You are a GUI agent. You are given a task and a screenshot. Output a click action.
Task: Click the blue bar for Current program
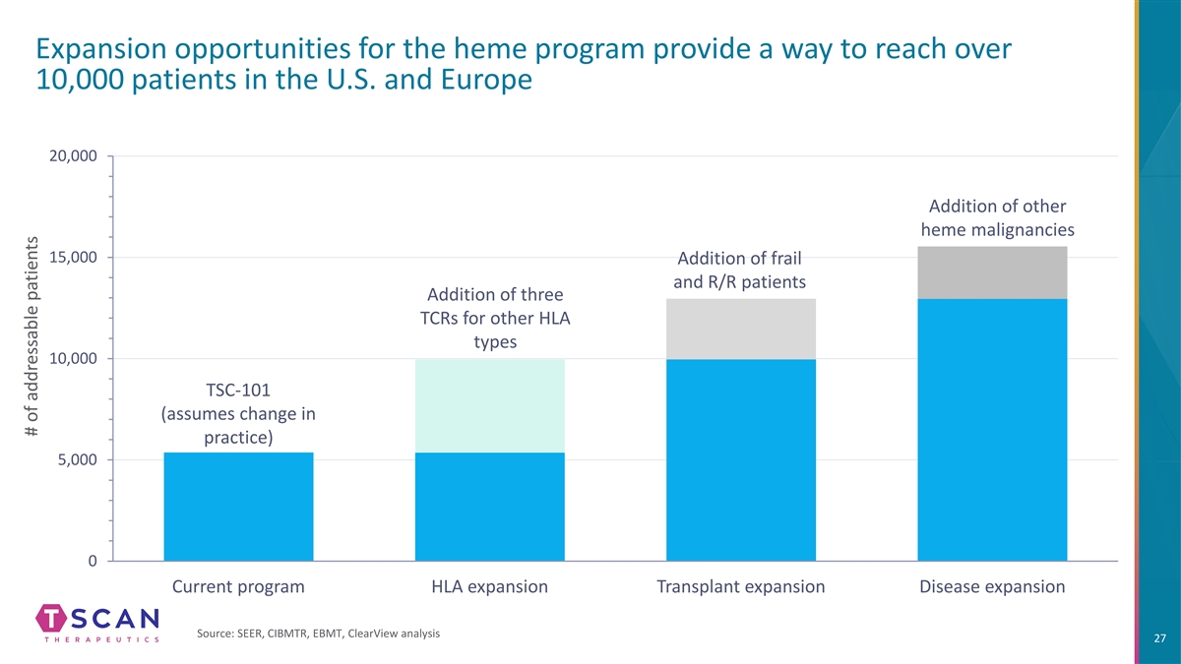click(238, 507)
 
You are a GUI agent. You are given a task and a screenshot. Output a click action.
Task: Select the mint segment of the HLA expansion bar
click(490, 405)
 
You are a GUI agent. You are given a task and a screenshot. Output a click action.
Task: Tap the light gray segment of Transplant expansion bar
click(741, 329)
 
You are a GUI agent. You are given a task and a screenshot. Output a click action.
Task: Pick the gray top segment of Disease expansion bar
click(992, 272)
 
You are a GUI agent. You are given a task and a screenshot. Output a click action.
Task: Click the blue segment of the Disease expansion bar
click(992, 430)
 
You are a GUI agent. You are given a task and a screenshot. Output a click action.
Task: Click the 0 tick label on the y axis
click(91, 562)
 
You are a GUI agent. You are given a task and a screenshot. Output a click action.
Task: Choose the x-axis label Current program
click(238, 587)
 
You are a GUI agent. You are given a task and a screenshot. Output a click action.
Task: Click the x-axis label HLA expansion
click(490, 587)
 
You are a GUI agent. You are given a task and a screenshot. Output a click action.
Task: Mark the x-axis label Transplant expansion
click(741, 587)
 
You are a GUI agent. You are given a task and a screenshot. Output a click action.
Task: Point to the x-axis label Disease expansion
click(992, 587)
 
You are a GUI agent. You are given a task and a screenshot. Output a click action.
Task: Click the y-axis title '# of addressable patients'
click(28, 356)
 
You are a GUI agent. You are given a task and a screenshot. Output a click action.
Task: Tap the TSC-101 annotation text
click(237, 413)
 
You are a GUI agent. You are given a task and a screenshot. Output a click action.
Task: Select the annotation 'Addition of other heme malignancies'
click(997, 217)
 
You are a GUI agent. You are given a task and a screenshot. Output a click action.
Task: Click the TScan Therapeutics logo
click(97, 624)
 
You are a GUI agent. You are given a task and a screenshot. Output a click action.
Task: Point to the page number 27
click(1157, 638)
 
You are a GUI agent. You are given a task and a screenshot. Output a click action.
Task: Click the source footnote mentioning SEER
click(318, 633)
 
